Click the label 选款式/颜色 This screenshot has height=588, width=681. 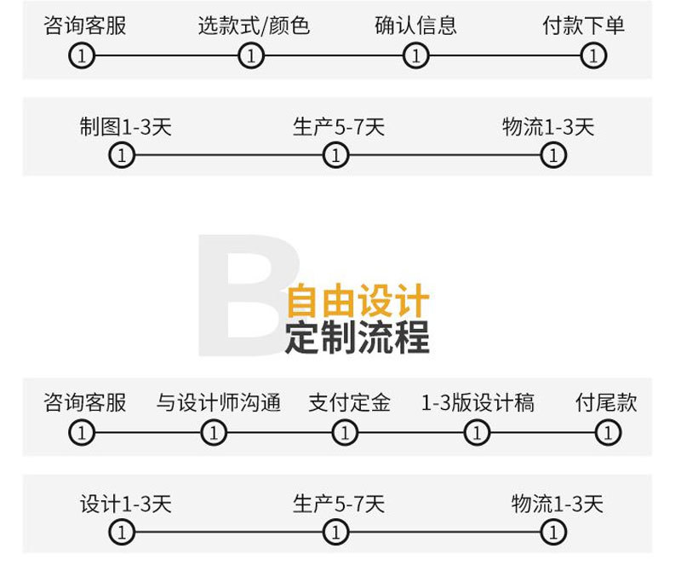254,26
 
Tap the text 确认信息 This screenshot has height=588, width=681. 415,26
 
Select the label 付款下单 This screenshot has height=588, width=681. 584,26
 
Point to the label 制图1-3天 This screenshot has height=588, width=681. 126,128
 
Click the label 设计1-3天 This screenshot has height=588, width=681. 126,504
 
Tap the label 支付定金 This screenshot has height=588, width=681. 349,402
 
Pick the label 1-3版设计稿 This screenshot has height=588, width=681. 478,402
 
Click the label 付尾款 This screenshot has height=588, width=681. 606,402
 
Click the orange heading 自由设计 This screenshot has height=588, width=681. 358,302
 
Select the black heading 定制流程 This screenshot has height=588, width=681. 358,338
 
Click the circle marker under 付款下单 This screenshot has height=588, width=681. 593,57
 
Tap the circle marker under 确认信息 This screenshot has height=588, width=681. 415,57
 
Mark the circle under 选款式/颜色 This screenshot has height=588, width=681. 250,57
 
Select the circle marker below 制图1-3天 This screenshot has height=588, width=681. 123,156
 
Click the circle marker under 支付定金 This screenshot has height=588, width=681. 344,433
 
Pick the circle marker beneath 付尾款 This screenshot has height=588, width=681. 607,433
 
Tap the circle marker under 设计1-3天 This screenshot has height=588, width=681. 123,533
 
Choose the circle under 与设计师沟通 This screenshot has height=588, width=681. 213,433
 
